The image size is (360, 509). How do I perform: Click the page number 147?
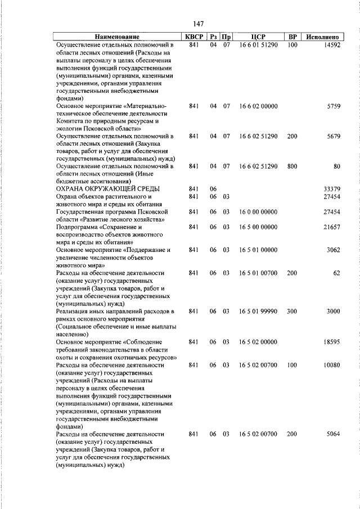(x=197, y=24)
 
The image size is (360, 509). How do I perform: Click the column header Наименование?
(x=116, y=37)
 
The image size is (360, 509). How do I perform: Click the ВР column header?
(x=292, y=37)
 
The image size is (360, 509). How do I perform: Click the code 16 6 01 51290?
(x=258, y=45)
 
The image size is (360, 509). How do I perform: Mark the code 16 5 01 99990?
(x=258, y=311)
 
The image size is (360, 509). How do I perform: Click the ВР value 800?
(x=292, y=166)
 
